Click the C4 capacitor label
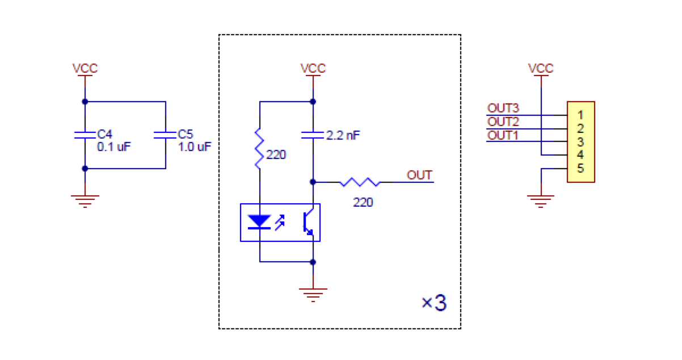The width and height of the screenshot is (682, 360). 105,134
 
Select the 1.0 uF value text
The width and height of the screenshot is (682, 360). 195,146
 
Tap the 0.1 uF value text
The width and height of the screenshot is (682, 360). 113,146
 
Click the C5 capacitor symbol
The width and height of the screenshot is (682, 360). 165,135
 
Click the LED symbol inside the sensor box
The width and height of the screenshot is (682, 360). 260,221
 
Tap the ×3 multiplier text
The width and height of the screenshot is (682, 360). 434,303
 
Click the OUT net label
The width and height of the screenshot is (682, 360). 419,175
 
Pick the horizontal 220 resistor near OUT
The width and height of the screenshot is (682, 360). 360,182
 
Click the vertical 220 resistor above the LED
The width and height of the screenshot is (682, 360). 259,149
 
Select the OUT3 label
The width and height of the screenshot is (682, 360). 503,108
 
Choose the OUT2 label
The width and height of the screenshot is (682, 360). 503,122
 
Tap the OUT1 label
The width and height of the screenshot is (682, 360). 503,135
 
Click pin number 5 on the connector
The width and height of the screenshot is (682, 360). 580,169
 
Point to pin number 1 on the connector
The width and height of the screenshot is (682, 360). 580,115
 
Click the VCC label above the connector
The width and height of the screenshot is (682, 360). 541,68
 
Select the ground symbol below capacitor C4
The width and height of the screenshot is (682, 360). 85,200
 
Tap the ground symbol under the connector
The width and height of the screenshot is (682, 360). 541,200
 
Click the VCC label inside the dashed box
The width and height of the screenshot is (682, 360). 313,68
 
